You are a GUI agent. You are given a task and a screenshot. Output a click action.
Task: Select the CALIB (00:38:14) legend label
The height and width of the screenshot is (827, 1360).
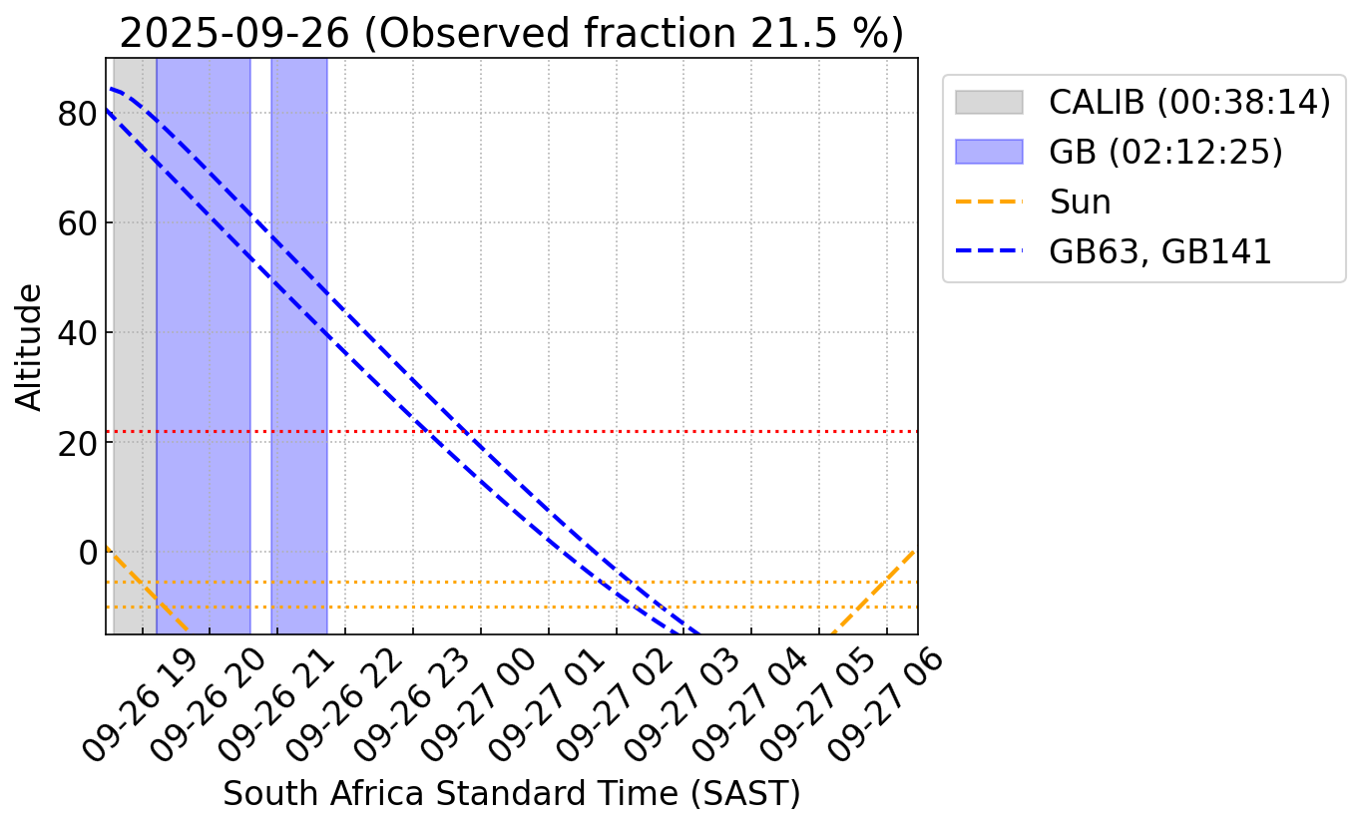tap(1189, 102)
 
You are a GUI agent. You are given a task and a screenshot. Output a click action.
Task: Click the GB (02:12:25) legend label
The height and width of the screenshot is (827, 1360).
tap(1165, 152)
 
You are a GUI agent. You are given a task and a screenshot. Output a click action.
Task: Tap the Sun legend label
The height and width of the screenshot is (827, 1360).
tap(1080, 202)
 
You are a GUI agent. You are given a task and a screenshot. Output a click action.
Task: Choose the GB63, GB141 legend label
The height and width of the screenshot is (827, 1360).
tap(1159, 251)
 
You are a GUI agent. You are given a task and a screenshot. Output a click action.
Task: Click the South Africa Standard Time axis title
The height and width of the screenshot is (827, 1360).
tap(511, 794)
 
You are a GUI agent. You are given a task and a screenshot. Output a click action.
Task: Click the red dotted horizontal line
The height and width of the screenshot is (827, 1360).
tap(619, 431)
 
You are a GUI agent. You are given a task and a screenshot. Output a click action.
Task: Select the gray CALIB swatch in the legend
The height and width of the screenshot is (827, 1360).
tap(988, 102)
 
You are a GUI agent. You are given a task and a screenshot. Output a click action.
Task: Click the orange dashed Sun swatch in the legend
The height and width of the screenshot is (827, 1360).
tap(988, 202)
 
